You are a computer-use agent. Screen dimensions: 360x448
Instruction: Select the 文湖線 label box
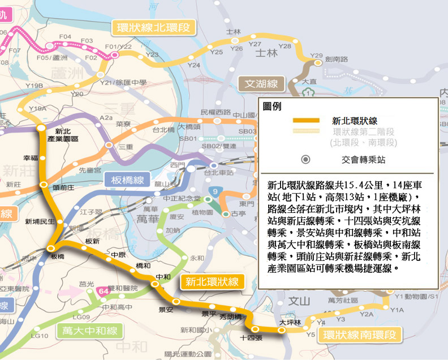(x=261, y=84)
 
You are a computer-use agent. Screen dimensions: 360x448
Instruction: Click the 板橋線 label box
(x=127, y=181)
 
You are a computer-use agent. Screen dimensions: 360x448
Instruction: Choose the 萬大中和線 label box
(x=90, y=331)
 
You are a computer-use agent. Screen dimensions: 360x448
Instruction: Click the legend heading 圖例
(x=273, y=106)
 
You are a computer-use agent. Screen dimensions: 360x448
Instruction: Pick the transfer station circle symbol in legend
(x=306, y=160)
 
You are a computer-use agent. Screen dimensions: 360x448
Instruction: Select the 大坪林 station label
(x=288, y=322)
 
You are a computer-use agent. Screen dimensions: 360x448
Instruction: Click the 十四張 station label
(x=251, y=337)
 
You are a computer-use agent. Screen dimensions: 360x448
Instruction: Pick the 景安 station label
(x=166, y=310)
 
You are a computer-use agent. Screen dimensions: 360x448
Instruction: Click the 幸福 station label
(x=31, y=158)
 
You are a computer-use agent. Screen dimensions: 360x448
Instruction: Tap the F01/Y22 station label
(x=118, y=46)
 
